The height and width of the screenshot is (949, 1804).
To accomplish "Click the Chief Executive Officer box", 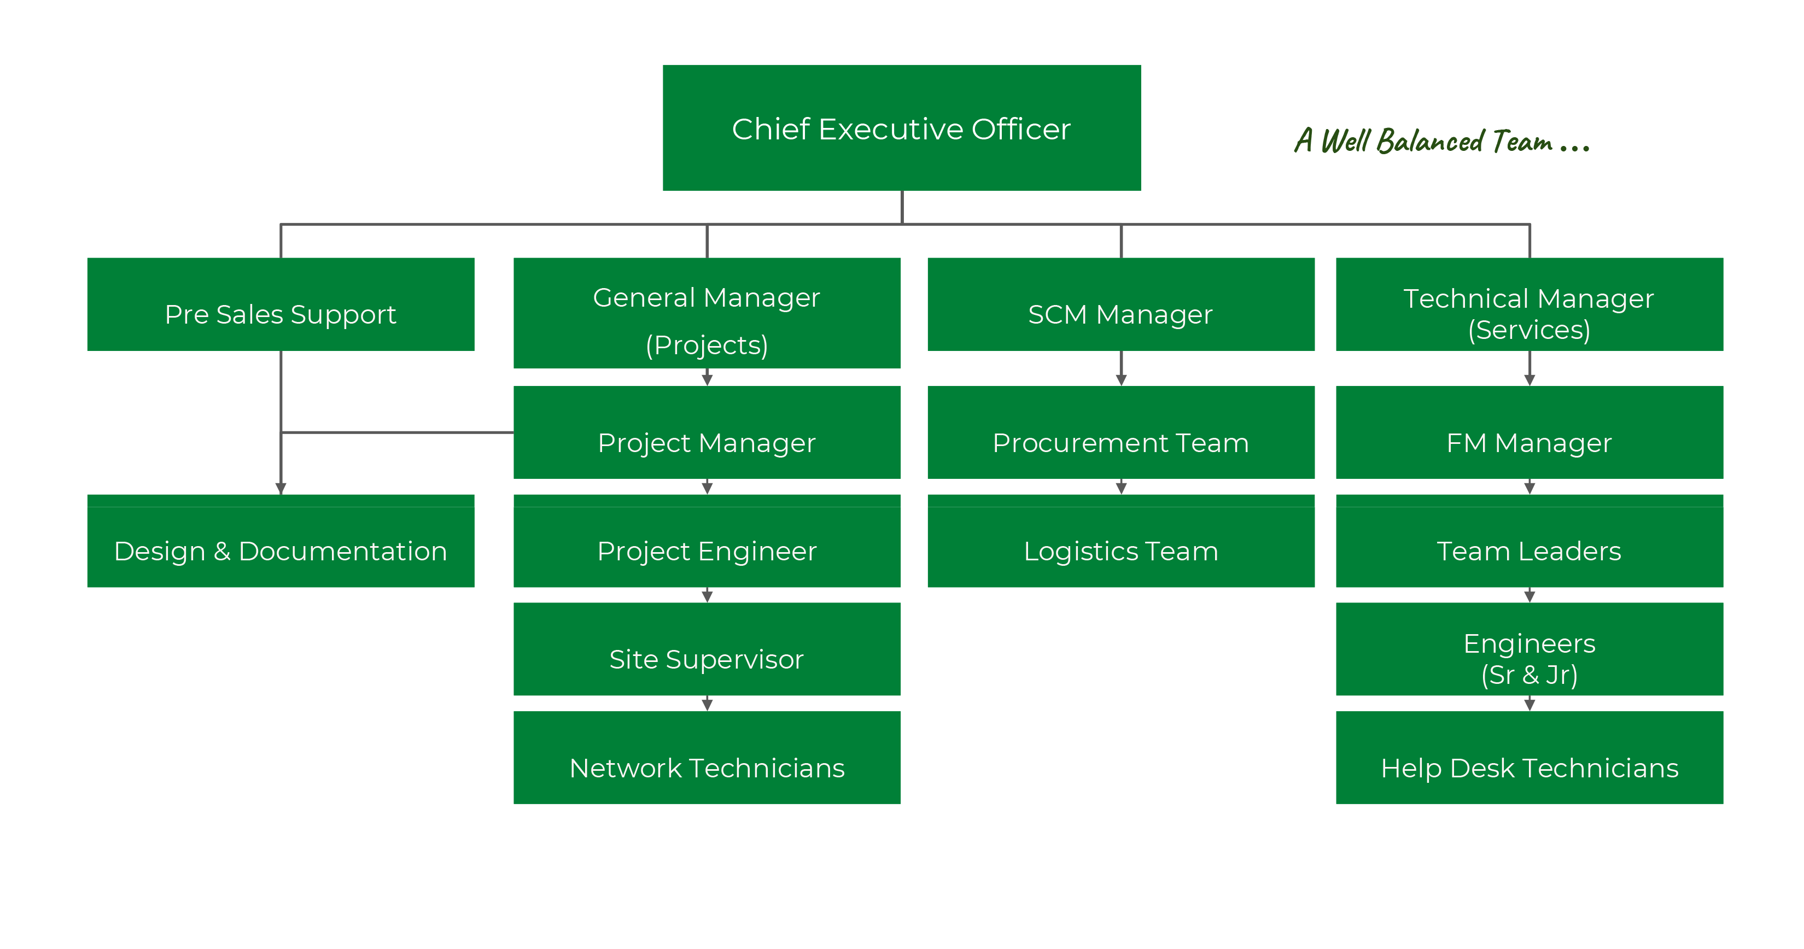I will point(901,128).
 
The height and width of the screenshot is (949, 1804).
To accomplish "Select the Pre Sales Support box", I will point(281,304).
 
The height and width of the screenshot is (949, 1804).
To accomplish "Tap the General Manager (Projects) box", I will point(707,313).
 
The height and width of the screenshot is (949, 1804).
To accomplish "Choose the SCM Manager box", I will point(1120,304).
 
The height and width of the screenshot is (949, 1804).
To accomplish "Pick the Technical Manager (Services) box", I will point(1529,304).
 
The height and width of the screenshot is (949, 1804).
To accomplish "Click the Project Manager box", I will point(707,432).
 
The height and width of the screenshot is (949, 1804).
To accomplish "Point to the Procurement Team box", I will point(1120,432).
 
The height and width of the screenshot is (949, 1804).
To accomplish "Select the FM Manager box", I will point(1529,432).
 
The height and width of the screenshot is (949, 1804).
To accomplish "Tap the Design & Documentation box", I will point(281,542).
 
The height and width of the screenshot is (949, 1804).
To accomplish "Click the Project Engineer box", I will point(707,542).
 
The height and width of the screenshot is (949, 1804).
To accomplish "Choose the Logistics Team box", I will point(1120,542).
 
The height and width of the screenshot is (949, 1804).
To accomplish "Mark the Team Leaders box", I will point(1529,542).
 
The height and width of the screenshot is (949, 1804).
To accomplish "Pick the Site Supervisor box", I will point(707,649).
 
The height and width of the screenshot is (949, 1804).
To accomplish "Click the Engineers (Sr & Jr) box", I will point(1529,649).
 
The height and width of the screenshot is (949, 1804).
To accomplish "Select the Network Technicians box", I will point(707,758).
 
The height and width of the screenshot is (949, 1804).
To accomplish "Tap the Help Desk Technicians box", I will point(1529,758).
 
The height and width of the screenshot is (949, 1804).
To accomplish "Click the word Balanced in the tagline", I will point(1429,142).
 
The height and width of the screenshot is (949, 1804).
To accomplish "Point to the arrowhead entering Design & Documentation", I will point(281,489).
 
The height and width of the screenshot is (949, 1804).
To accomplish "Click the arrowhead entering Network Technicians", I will point(707,705).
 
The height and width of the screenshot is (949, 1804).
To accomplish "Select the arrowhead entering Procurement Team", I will point(1121,379).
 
